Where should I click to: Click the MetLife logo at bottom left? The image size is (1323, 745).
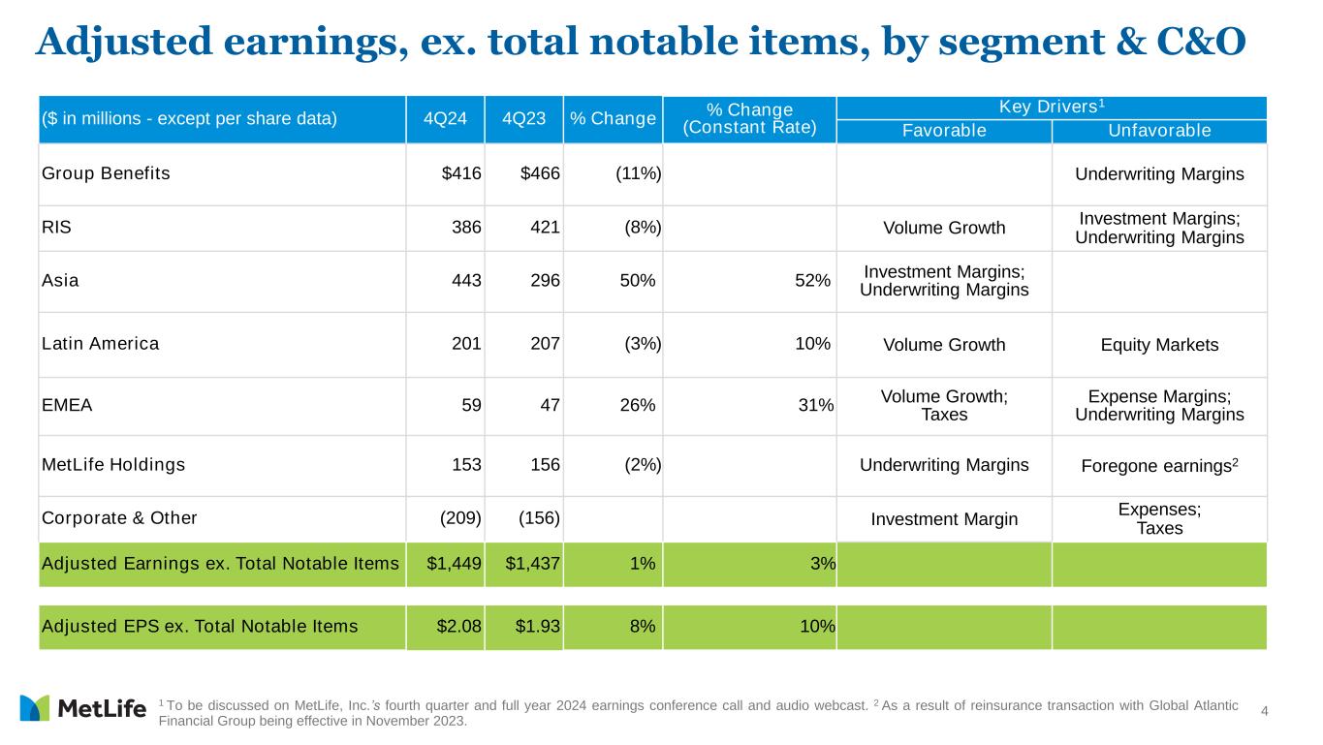[x=82, y=709]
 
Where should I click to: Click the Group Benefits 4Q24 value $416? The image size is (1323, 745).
[x=461, y=174]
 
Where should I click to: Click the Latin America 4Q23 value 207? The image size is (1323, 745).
[x=545, y=344]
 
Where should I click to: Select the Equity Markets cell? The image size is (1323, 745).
[x=1159, y=345]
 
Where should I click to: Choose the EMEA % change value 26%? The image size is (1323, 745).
[x=637, y=406]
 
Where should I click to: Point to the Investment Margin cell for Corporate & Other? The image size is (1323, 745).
[x=944, y=519]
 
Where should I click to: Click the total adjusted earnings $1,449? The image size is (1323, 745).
[x=455, y=564]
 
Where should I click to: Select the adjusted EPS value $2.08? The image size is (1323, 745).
[x=459, y=627]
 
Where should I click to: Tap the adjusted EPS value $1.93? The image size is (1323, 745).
[x=538, y=627]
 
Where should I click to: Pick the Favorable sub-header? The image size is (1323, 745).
[x=944, y=131]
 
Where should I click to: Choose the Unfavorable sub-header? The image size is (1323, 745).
[x=1159, y=131]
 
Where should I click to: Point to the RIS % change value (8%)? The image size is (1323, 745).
[x=643, y=229]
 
